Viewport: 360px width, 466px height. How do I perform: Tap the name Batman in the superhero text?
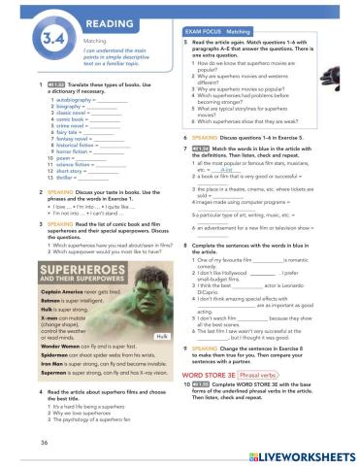tap(33, 274)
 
